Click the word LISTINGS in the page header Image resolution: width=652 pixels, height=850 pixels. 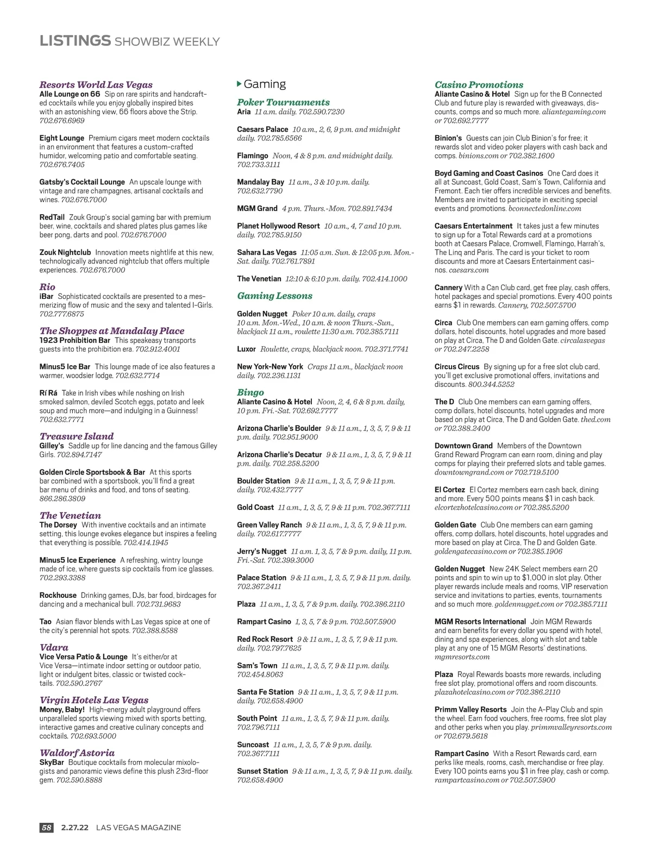point(75,41)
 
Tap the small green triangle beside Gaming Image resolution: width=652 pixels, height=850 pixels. point(240,84)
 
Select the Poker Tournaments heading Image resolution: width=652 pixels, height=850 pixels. point(283,102)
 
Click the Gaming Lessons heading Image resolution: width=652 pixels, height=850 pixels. point(274,296)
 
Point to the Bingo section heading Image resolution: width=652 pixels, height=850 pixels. point(250,392)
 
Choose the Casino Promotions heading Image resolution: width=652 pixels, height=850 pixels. point(479,85)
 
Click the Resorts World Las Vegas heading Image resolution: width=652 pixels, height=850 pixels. point(96,85)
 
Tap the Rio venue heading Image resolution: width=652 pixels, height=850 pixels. point(47,287)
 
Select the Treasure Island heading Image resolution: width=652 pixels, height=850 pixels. point(77,436)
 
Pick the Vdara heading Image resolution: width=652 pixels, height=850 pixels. point(54,647)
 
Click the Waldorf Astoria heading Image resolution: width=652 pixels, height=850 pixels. point(77,753)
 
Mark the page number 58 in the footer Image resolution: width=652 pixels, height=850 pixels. point(47,828)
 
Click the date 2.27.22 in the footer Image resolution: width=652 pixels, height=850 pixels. point(75,828)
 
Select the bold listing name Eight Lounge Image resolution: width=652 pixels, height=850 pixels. point(61,138)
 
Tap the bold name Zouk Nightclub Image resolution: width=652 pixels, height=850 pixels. point(65,252)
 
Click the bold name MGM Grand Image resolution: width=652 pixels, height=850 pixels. point(257,208)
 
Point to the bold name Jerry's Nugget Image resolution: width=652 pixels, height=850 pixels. point(262,551)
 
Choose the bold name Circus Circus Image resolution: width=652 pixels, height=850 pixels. point(457,366)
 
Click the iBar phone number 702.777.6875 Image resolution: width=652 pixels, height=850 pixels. point(62,314)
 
